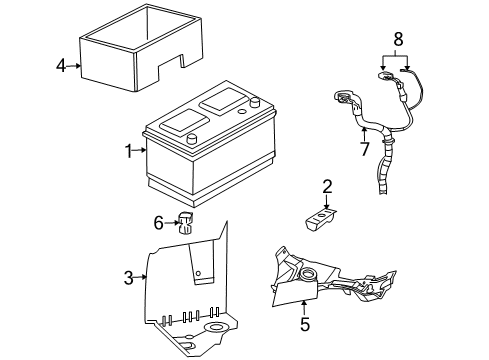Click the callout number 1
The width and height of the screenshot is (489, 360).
[x=129, y=151]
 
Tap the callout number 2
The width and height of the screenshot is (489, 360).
[x=326, y=186]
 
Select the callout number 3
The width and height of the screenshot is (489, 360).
[x=128, y=278]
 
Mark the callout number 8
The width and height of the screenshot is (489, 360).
[x=397, y=39]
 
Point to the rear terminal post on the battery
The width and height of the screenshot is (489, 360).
[x=256, y=101]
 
